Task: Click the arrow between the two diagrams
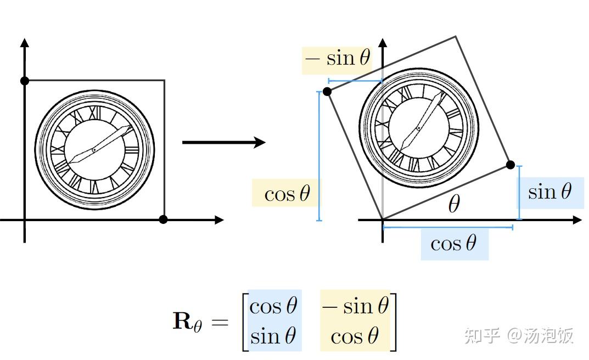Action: coord(223,143)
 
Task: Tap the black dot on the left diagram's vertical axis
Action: coord(24,81)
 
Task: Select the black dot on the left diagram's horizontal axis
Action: coord(163,220)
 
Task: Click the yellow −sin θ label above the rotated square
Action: coord(337,58)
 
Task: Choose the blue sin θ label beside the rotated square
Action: coord(550,192)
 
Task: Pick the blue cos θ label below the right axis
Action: coord(453,243)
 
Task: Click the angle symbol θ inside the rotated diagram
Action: coord(453,205)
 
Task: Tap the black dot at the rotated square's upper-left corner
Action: coord(327,92)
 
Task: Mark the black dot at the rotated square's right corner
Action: coord(511,165)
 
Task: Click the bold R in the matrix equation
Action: coord(183,320)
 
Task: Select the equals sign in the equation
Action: coord(219,322)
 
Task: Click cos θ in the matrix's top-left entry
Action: coord(273,306)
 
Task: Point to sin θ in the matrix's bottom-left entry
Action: coord(273,335)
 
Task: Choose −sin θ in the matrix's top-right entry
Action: coord(355,306)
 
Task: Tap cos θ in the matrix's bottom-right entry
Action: coord(355,335)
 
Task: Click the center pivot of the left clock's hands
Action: coord(94,149)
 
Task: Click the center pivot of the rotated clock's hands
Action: coord(418,128)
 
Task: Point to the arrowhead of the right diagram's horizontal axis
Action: coord(577,220)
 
